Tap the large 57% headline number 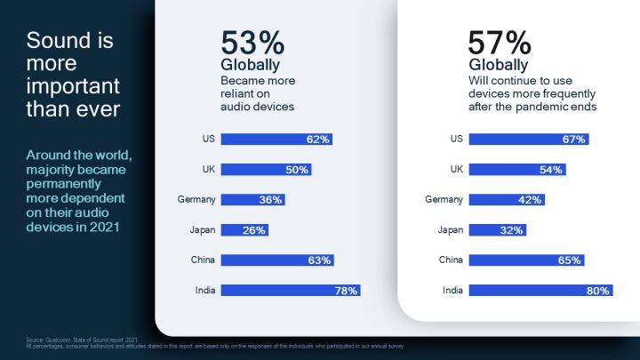click(500, 43)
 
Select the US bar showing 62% click(276, 139)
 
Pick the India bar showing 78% click(290, 290)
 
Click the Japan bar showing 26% click(244, 229)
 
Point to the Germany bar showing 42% click(506, 199)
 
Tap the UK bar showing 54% click(516, 169)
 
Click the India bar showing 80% click(539, 290)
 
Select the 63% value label click(319, 260)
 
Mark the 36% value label click(270, 199)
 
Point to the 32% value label click(512, 229)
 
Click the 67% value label click(573, 139)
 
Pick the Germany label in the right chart click(444, 199)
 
